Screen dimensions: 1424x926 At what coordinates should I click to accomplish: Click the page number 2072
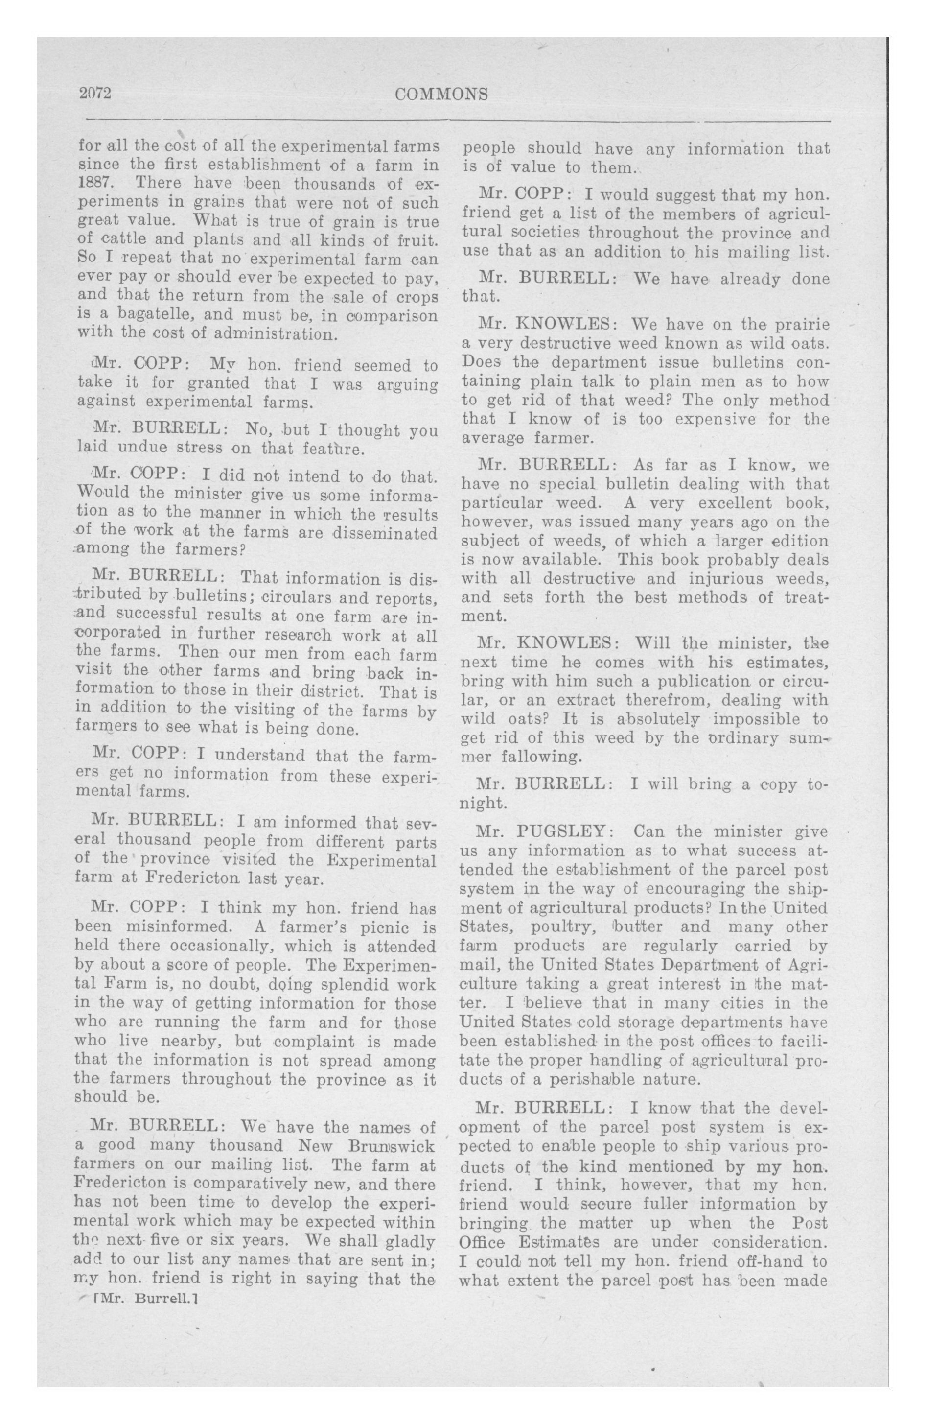pos(96,95)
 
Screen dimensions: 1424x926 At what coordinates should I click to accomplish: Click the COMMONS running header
pos(442,95)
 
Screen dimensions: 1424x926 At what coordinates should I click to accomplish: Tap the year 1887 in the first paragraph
pos(92,183)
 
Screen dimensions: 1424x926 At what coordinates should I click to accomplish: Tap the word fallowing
pos(541,757)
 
